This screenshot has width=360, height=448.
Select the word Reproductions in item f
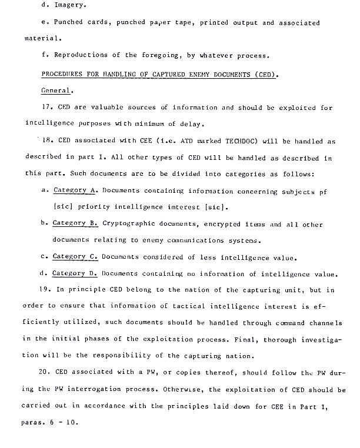click(x=80, y=56)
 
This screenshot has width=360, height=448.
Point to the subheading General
click(x=57, y=91)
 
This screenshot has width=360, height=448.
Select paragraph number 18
click(x=49, y=142)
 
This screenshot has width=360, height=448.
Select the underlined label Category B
click(x=75, y=224)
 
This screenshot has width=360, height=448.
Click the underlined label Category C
click(x=75, y=257)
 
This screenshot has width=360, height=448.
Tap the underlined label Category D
click(x=75, y=273)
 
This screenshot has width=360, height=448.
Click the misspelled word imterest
click(x=169, y=208)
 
